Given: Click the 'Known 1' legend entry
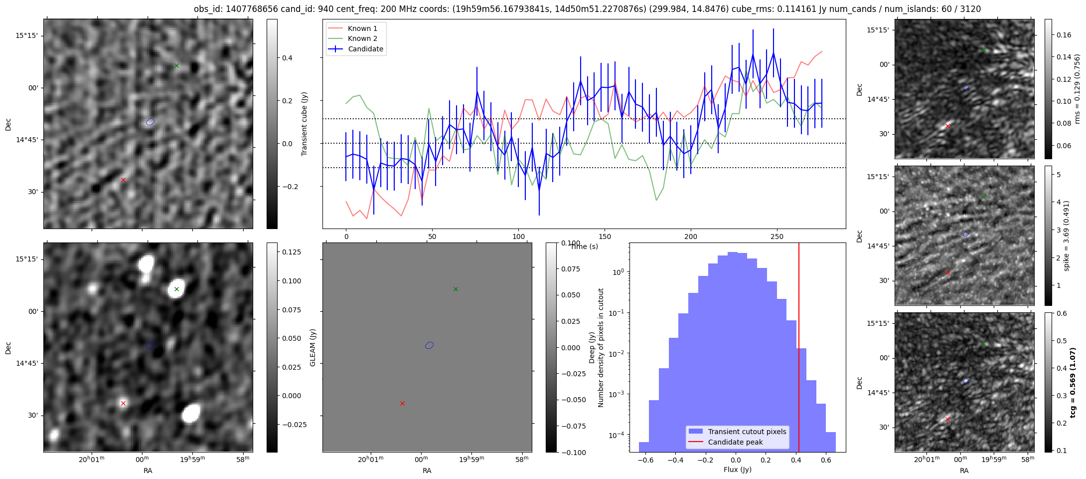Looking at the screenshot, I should tap(362, 28).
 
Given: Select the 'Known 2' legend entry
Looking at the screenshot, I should tap(362, 38).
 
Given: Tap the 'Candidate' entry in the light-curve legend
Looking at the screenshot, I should tap(365, 49).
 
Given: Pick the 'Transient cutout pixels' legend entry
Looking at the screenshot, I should tap(747, 432).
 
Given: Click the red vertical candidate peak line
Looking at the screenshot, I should tap(798, 349).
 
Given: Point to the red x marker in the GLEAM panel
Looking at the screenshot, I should tap(402, 403).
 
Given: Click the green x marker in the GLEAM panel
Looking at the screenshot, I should tap(456, 289).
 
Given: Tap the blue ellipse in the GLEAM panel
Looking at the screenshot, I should tap(429, 345).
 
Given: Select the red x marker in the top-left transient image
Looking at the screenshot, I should tap(123, 180).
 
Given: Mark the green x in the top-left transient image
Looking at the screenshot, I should tap(176, 65).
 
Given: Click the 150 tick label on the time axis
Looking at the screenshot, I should tap(605, 237).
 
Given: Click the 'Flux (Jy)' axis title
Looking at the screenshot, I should tap(737, 470).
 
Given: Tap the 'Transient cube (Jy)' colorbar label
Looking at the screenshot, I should tap(304, 124).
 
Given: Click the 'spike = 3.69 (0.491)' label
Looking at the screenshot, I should tap(1067, 236).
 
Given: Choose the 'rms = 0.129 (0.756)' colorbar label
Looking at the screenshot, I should tap(1077, 89).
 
